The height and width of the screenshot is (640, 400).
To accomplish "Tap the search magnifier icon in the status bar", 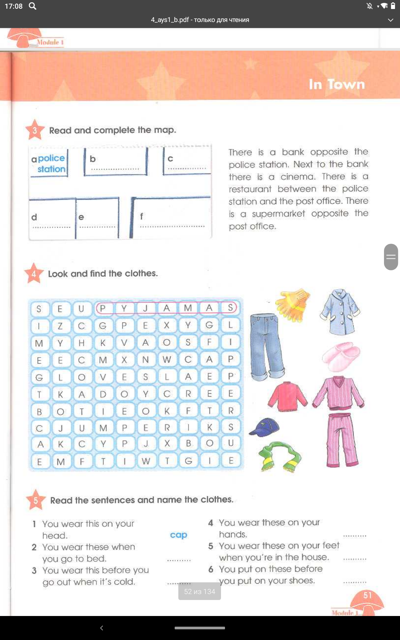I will [32, 6].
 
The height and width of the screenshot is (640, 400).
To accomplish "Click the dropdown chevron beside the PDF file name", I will [391, 20].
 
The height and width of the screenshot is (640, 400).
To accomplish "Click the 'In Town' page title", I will [337, 84].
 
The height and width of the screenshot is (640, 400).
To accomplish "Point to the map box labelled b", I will [115, 162].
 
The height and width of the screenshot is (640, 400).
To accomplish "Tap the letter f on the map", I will [141, 217].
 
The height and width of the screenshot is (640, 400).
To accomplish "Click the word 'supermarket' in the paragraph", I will [278, 214].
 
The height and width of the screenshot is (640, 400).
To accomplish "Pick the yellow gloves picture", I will [292, 303].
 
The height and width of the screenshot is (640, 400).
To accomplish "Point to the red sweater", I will [287, 396].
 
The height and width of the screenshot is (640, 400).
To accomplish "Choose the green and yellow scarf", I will [279, 456].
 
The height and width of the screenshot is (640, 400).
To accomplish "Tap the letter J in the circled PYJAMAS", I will [145, 308].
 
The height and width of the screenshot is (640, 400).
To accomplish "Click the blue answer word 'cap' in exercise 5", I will [179, 535].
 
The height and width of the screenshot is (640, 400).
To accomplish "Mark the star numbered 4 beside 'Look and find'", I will [34, 274].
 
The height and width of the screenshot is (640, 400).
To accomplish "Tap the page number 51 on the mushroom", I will [367, 595].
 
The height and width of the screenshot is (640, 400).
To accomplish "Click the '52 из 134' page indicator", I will [199, 592].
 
